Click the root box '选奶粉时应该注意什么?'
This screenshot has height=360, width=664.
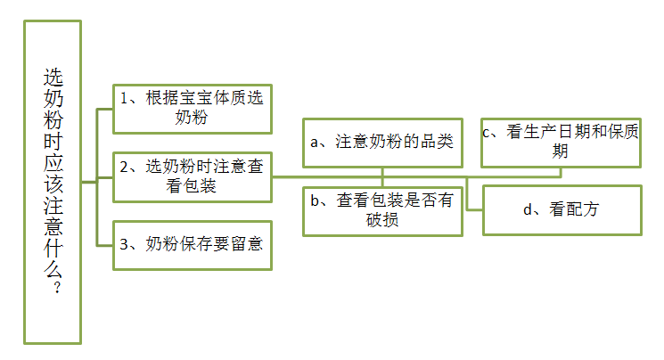click(x=53, y=182)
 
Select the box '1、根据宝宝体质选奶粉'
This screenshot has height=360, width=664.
click(x=193, y=107)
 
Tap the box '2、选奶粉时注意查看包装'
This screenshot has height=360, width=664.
click(x=193, y=176)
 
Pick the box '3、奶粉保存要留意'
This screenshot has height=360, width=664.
click(x=193, y=243)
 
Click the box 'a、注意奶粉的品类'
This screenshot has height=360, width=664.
click(x=381, y=143)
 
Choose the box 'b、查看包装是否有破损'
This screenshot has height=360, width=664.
click(x=381, y=210)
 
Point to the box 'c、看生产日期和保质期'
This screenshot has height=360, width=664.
click(x=561, y=142)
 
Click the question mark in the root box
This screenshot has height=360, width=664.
click(x=53, y=289)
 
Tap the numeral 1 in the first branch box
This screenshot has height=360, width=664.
click(x=125, y=98)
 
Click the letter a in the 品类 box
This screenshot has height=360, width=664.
click(x=314, y=143)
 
